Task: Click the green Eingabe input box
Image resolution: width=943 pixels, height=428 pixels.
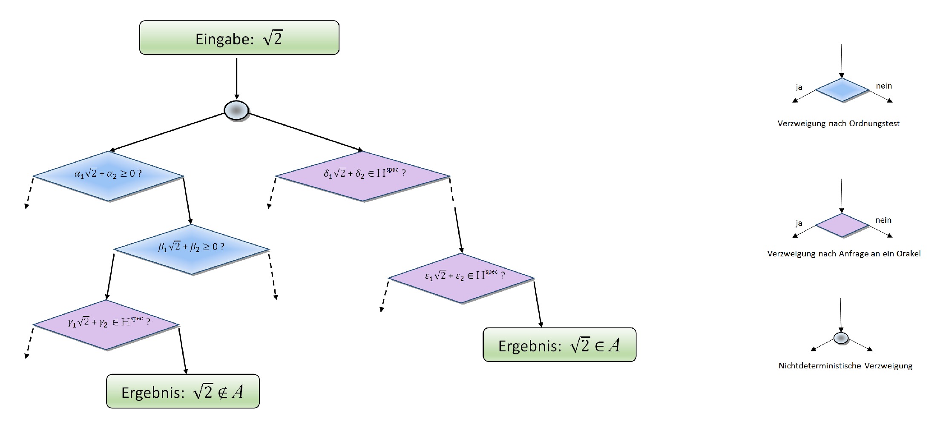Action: tap(239, 38)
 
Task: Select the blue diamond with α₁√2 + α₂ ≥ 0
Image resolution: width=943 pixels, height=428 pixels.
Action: tap(108, 176)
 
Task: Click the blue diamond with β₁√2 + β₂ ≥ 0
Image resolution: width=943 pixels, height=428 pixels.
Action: tap(191, 249)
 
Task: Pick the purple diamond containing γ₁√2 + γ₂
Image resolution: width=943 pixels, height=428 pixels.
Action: tap(106, 325)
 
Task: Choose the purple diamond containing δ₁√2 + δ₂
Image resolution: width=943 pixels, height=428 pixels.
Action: tap(363, 176)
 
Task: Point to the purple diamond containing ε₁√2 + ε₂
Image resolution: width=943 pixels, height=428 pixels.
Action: tap(461, 278)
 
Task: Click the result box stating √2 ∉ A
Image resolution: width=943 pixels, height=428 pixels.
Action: tap(183, 391)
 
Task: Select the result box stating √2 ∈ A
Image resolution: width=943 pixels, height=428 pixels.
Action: tap(559, 345)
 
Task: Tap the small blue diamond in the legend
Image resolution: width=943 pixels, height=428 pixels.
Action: tap(842, 90)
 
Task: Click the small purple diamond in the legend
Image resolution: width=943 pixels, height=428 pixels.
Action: tap(842, 225)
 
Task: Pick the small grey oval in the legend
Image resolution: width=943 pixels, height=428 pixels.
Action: tap(841, 339)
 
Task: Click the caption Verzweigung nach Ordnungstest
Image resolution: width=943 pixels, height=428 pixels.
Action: tap(838, 124)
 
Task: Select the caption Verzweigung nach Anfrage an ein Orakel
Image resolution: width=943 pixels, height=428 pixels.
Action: tap(844, 254)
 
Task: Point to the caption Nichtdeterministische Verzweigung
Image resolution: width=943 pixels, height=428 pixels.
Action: tap(845, 366)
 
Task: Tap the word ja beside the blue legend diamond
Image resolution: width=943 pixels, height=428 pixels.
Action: tap(799, 87)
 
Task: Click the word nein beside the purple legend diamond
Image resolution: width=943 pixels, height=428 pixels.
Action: tap(883, 220)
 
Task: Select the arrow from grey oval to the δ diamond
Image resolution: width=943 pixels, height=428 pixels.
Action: tap(305, 132)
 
